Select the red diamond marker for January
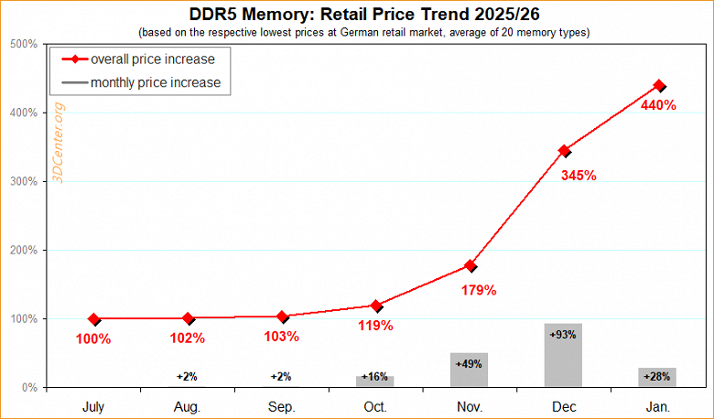click(x=659, y=85)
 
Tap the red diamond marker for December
click(x=565, y=151)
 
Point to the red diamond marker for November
click(x=471, y=265)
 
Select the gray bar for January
click(x=657, y=378)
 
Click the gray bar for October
click(x=375, y=381)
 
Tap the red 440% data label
click(x=657, y=105)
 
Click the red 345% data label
click(x=579, y=175)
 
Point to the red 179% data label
click(x=478, y=290)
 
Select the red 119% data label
click(x=375, y=325)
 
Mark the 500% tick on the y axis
click(x=25, y=44)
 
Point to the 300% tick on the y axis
click(x=25, y=181)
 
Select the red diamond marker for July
click(x=94, y=319)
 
